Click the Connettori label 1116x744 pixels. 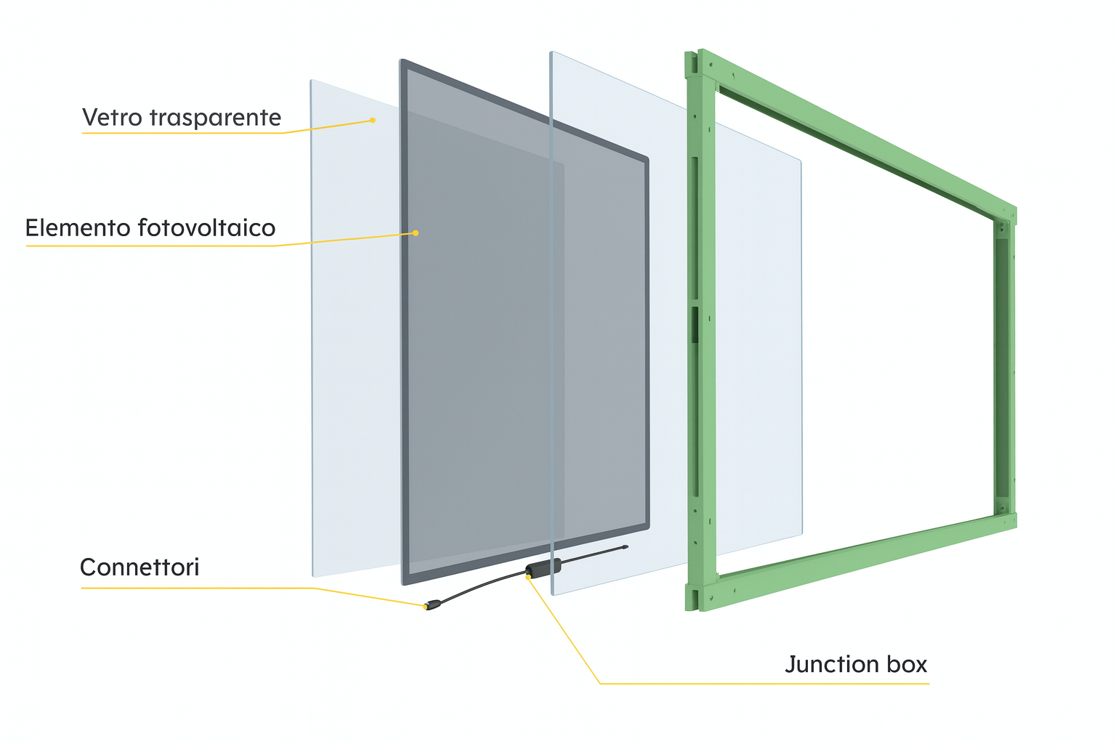(139, 567)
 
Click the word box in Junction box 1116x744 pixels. (907, 664)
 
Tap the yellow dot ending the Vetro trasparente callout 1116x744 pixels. (373, 120)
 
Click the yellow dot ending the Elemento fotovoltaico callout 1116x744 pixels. (416, 233)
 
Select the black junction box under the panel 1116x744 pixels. (543, 567)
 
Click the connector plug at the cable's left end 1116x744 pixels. (433, 604)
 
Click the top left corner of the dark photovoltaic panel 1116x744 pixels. (404, 63)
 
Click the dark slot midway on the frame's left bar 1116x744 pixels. (695, 324)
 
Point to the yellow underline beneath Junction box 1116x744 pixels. (763, 684)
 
